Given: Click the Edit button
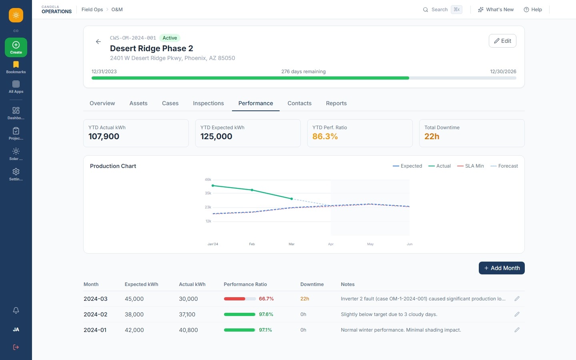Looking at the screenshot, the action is click(x=502, y=41).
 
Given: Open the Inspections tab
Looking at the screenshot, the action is click(x=208, y=103).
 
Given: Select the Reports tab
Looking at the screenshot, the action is click(x=336, y=103).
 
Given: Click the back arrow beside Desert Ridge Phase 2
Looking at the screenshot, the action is click(x=98, y=42).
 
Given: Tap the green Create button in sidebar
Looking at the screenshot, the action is click(x=16, y=48).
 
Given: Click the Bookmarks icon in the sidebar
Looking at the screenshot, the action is click(x=16, y=64).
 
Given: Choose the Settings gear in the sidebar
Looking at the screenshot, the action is click(x=16, y=172).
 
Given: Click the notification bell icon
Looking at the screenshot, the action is click(x=16, y=310).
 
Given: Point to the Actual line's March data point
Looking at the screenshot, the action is click(x=291, y=199).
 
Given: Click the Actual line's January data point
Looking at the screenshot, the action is click(x=213, y=186).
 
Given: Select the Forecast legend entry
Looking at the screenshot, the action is click(x=504, y=166).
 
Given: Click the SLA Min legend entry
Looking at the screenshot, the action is click(x=470, y=166).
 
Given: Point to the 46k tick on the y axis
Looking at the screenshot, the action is click(x=208, y=180).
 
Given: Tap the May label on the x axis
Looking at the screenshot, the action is click(x=370, y=244).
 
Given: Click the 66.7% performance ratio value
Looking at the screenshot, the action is click(x=266, y=299).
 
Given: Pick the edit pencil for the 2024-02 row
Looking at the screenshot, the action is click(x=517, y=314).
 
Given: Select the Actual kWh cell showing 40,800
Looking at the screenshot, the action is click(x=188, y=330).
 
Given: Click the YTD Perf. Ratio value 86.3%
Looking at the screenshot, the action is click(x=325, y=136).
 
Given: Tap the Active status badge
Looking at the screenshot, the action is click(x=170, y=38).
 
